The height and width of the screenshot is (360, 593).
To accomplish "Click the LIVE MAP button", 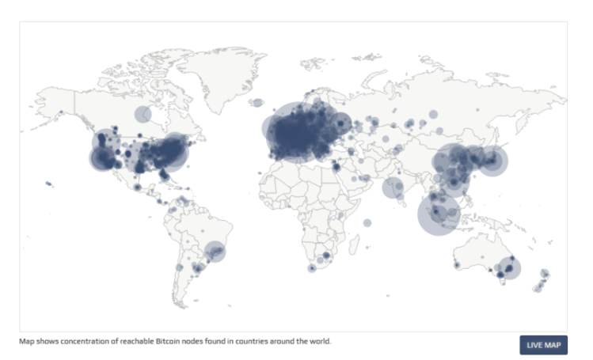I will click(543, 345).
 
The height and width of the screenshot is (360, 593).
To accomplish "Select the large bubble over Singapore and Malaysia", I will click(439, 214).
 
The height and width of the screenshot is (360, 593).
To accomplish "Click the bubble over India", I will click(393, 188).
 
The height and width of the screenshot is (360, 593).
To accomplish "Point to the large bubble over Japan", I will click(492, 162).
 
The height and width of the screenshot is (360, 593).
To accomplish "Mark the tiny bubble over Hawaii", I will click(48, 184).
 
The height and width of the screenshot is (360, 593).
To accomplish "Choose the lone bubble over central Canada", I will click(143, 115).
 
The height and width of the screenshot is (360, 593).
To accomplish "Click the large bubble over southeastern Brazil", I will click(215, 252).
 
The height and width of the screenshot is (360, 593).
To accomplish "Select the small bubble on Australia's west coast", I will click(455, 264).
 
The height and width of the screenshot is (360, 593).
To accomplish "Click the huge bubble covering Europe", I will click(297, 131).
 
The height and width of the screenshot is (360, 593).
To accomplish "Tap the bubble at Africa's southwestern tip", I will click(312, 268).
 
